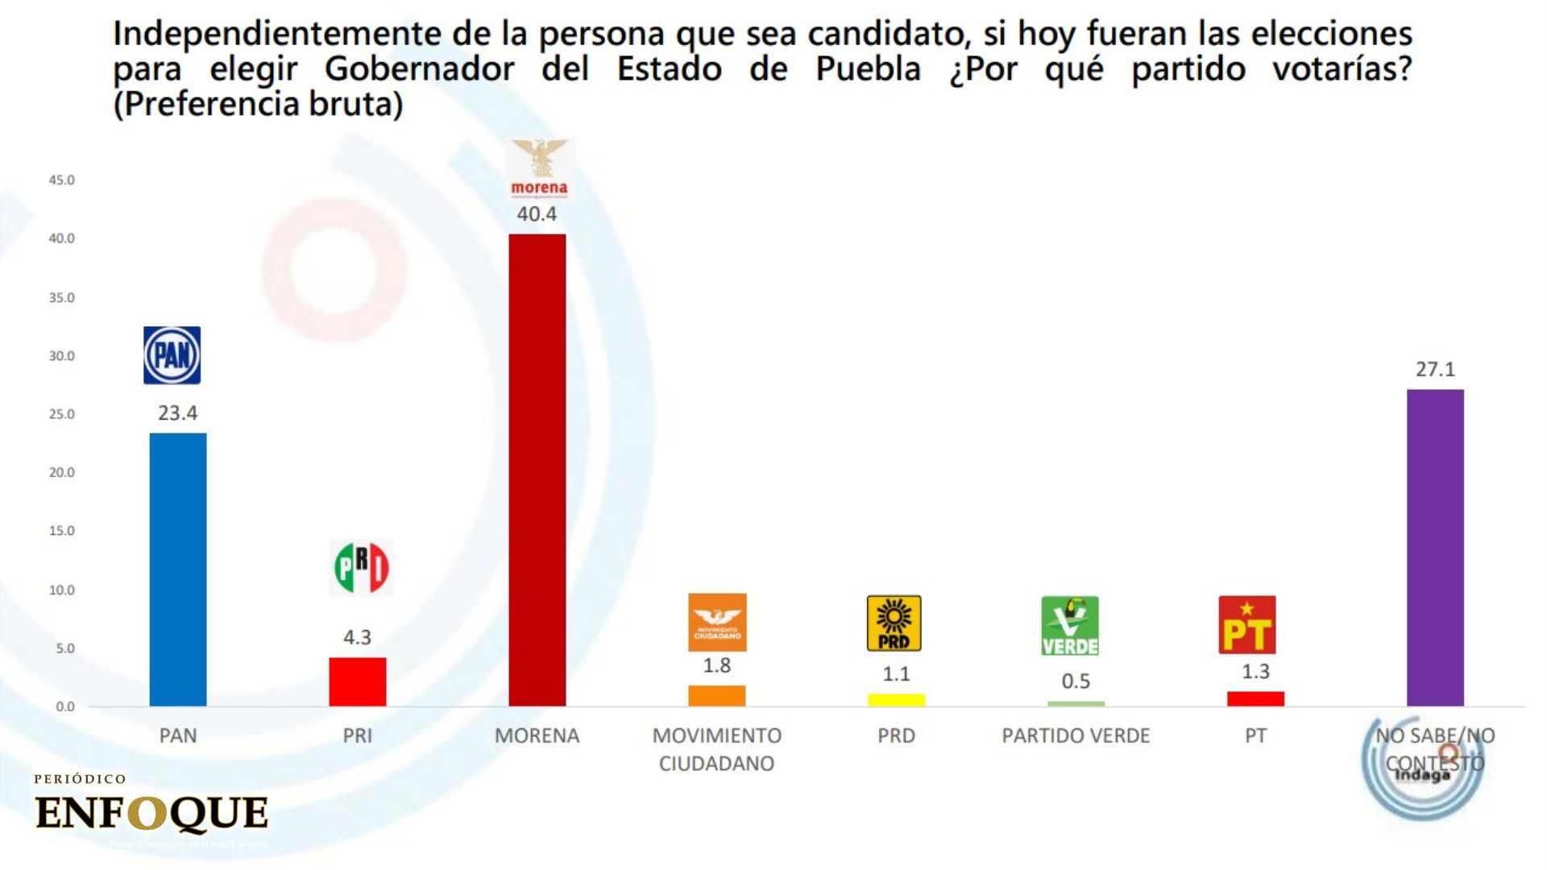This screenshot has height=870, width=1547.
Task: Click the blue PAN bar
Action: [178, 569]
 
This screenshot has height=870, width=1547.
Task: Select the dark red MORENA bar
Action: [537, 470]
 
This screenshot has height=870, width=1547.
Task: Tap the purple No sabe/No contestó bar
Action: [1435, 548]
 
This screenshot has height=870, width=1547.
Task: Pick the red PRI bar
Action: [358, 681]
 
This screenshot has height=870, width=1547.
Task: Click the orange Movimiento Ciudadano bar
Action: [716, 696]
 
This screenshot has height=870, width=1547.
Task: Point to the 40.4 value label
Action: [537, 214]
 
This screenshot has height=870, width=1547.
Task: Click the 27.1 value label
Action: [1435, 370]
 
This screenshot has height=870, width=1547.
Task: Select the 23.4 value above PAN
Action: [177, 413]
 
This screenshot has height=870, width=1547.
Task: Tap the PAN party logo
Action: [172, 355]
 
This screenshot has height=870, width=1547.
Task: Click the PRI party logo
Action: [361, 567]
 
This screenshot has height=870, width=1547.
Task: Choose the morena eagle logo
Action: [540, 168]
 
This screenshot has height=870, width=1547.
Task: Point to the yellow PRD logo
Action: [894, 623]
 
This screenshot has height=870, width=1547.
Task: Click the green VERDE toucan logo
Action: [1070, 626]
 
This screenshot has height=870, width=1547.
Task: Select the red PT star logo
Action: [1246, 624]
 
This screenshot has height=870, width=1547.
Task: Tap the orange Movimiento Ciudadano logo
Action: [717, 622]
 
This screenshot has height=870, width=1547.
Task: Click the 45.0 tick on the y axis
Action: [61, 180]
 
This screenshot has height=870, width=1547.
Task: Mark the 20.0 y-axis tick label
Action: [61, 473]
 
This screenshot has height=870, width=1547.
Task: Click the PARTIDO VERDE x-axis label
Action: [1076, 735]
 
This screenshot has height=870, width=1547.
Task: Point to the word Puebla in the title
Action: [868, 69]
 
